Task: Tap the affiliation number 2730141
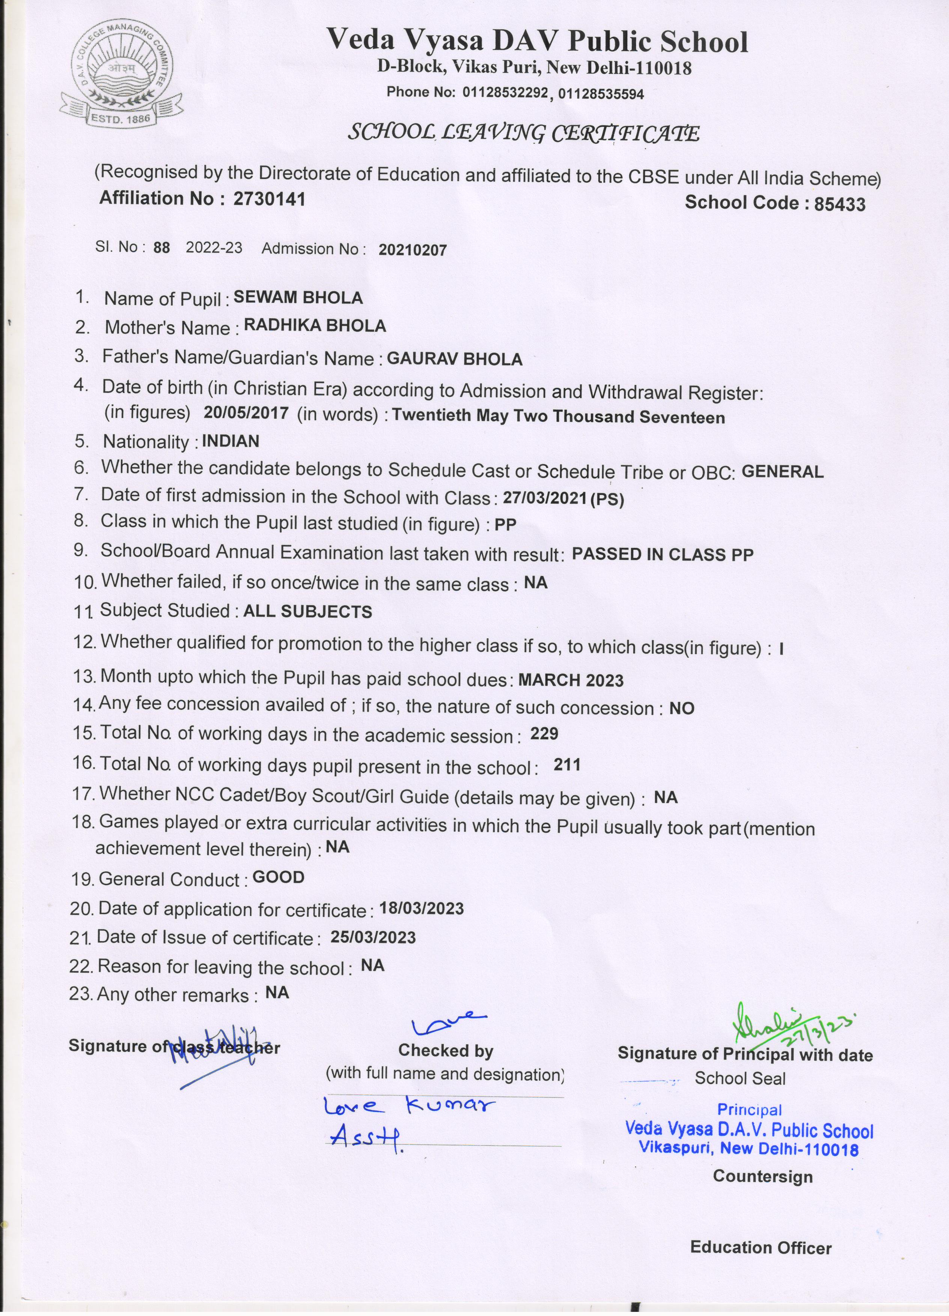(x=269, y=199)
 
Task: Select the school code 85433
(x=839, y=204)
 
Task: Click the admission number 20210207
(x=412, y=250)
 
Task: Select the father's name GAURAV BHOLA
(x=455, y=359)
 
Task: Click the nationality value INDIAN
(x=230, y=442)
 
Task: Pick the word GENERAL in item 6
(x=782, y=472)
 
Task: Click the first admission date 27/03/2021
(x=545, y=498)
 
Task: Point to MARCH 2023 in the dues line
(x=571, y=680)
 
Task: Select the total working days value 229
(x=544, y=734)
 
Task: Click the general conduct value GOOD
(x=279, y=877)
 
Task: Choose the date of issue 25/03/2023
(x=373, y=938)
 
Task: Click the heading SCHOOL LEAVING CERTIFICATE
(x=523, y=134)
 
